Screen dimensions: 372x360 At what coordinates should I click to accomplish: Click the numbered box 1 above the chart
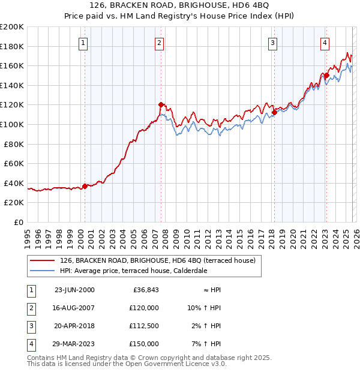(x=82, y=43)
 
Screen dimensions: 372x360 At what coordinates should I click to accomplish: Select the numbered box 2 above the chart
(x=159, y=43)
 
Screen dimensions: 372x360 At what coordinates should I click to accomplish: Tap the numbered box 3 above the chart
(x=272, y=43)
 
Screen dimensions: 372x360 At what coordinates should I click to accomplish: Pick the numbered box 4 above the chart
(x=325, y=43)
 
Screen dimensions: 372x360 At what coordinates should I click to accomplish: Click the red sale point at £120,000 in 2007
(x=161, y=105)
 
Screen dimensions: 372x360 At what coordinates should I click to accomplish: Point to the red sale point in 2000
(x=85, y=186)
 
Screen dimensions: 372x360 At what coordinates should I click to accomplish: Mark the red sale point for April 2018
(x=274, y=112)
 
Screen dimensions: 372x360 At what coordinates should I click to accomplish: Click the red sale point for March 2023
(x=327, y=76)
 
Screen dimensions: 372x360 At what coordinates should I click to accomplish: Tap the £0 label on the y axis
(x=18, y=222)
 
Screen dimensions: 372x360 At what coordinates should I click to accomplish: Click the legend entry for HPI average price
(x=133, y=271)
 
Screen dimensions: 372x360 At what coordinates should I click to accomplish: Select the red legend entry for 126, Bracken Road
(x=157, y=260)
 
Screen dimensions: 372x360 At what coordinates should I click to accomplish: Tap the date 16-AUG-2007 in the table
(x=74, y=308)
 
